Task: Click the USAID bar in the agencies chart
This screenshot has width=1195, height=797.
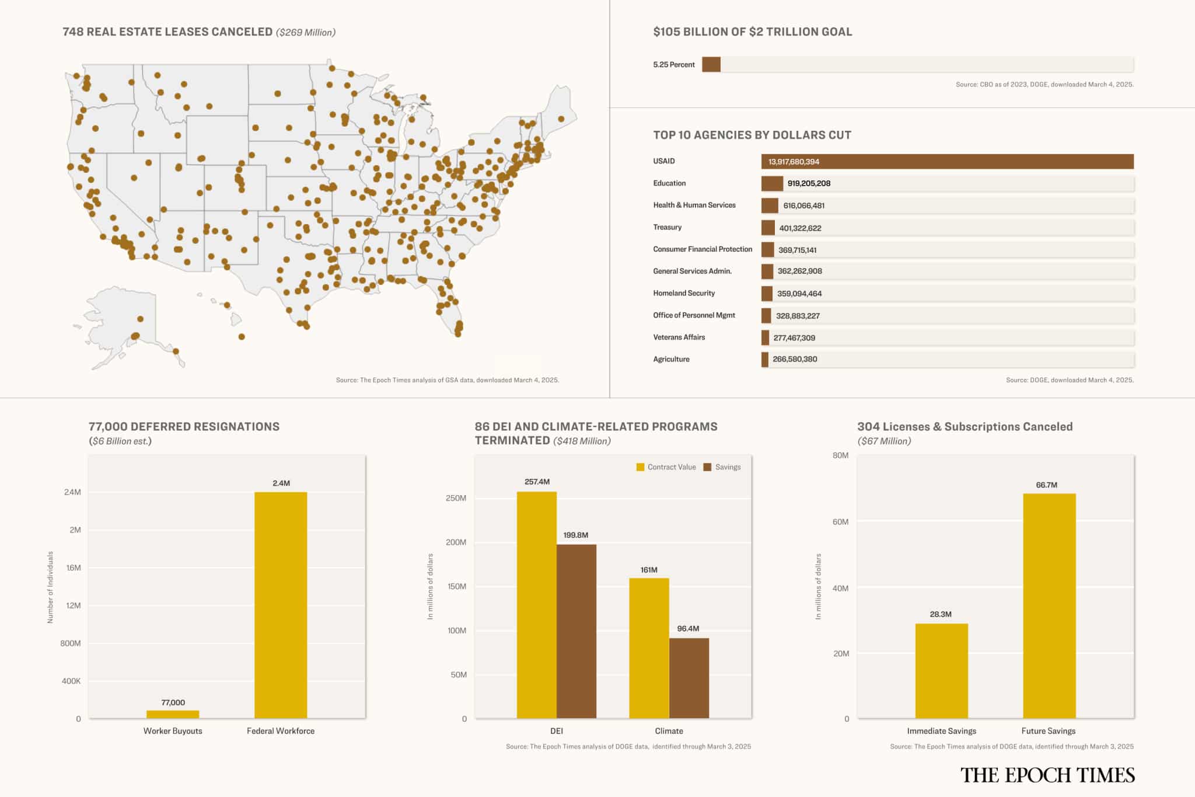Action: point(947,162)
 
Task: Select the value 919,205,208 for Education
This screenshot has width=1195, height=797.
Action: point(809,183)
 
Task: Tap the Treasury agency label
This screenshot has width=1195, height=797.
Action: point(667,227)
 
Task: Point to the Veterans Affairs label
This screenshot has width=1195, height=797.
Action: point(679,337)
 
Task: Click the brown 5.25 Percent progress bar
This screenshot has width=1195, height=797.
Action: point(711,64)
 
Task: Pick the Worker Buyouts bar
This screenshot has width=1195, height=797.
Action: point(173,714)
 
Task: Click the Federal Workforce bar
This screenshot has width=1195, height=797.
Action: point(281,605)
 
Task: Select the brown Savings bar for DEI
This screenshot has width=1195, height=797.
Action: point(576,631)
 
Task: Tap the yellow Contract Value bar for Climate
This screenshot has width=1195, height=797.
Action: point(649,648)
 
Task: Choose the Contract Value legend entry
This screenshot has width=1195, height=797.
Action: point(666,467)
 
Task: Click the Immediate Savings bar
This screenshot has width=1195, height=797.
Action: point(941,671)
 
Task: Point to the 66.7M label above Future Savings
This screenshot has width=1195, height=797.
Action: point(1046,485)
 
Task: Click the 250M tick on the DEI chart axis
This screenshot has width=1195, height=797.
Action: point(456,498)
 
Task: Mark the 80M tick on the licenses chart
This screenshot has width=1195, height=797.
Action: point(840,455)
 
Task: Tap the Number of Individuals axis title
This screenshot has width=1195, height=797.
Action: point(50,587)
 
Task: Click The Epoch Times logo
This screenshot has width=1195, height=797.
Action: point(1047,775)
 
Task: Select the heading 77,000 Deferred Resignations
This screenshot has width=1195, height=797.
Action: point(184,427)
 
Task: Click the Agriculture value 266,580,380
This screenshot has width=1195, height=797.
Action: point(795,359)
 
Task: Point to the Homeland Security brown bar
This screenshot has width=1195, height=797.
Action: point(767,294)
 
